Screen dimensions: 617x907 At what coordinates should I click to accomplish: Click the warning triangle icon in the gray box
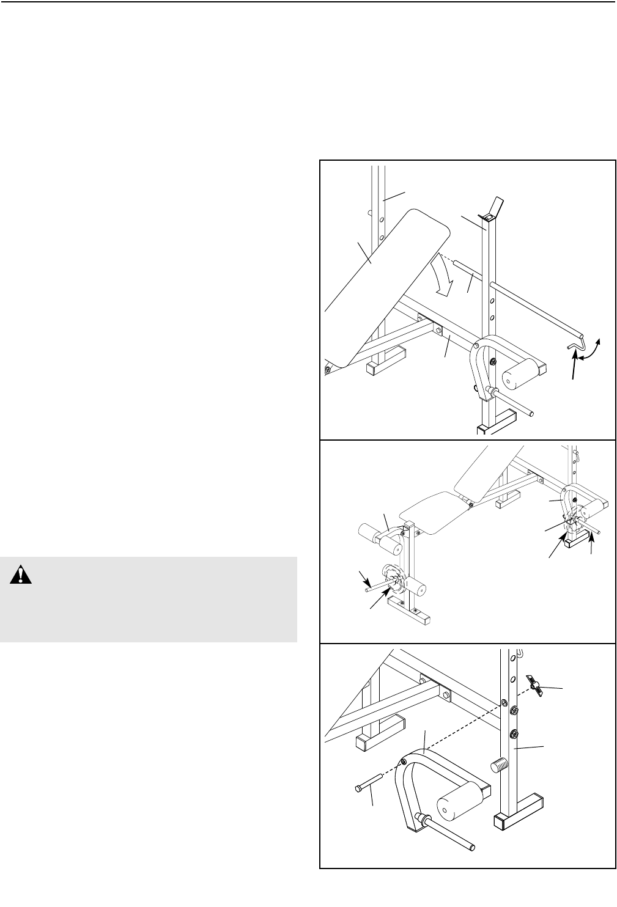pyautogui.click(x=21, y=576)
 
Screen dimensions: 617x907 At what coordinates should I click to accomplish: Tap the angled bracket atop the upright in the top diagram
pyautogui.click(x=493, y=208)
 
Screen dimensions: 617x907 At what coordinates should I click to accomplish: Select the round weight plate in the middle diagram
pyautogui.click(x=393, y=579)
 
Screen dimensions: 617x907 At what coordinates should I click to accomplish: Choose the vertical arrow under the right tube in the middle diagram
pyautogui.click(x=591, y=543)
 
